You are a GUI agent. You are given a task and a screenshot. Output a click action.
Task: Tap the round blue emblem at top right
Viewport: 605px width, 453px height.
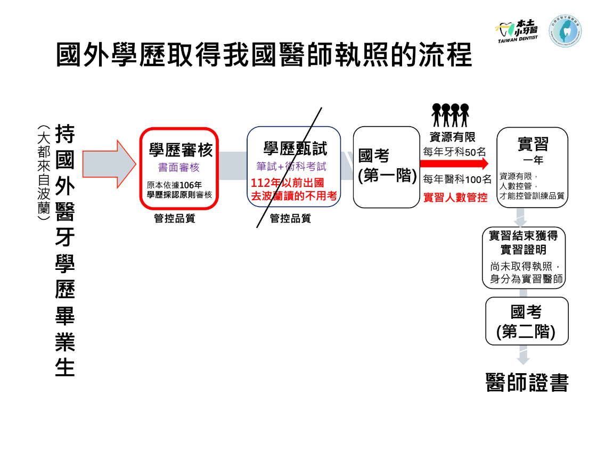565,31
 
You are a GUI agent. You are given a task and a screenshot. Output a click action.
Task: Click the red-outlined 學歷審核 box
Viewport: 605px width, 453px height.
179,168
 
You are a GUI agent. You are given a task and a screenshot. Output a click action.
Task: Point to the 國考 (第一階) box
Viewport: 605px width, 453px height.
387,167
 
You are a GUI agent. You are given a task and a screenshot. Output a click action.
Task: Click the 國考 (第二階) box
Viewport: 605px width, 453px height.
526,321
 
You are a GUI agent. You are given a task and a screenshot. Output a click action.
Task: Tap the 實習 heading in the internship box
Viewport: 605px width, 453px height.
533,144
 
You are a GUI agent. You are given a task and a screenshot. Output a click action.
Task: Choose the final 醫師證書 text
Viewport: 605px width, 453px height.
527,383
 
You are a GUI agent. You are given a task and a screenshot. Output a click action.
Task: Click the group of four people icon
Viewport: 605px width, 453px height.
451,116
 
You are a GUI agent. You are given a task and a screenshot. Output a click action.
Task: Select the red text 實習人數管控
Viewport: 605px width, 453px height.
455,198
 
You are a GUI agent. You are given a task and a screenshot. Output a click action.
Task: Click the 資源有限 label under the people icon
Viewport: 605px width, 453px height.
452,137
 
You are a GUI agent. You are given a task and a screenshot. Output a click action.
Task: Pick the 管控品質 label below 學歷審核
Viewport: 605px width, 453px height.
175,218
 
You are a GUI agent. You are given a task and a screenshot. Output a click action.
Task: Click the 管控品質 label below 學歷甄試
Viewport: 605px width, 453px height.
290,218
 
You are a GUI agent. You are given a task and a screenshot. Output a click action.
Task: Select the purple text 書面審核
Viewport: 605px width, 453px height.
179,168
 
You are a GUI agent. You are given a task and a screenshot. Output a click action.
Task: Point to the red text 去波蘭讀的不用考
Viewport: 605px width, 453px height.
294,196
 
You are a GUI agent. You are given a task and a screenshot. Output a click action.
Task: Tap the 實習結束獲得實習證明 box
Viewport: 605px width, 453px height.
523,258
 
